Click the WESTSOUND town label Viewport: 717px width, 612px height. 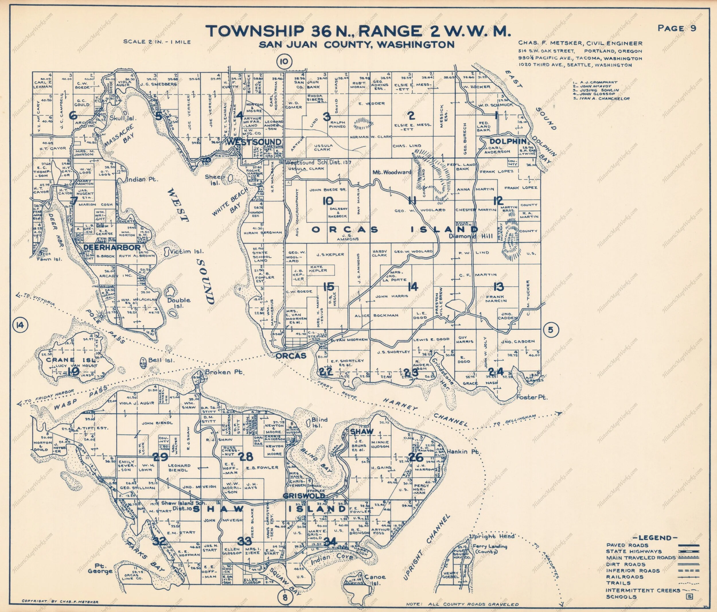(254, 142)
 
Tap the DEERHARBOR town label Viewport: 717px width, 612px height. (112, 247)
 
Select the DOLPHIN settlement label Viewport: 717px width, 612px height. (508, 141)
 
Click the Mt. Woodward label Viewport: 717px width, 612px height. (391, 172)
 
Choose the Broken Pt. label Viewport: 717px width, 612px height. (225, 372)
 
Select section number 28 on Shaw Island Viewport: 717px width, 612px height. (246, 457)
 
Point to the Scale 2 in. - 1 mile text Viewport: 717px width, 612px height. (157, 42)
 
